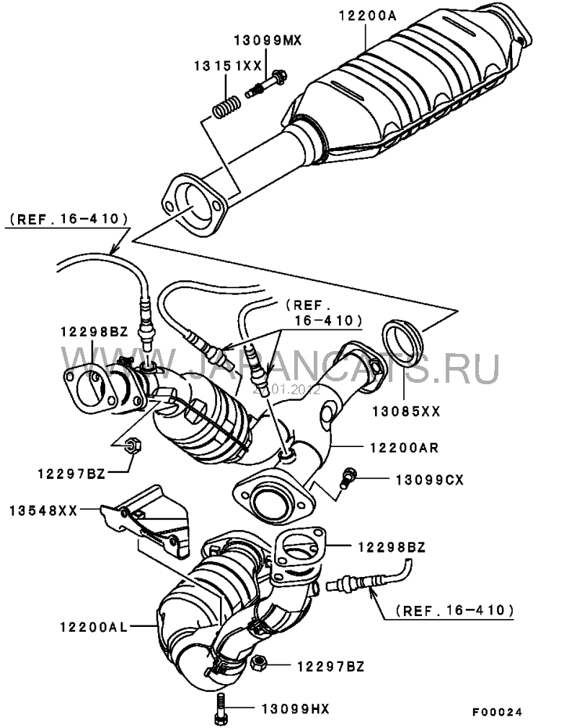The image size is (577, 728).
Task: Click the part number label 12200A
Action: [368, 16]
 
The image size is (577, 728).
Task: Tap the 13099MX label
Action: [268, 41]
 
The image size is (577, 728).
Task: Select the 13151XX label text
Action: [228, 66]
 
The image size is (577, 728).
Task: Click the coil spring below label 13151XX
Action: [226, 107]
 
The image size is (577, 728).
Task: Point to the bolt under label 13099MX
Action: [265, 84]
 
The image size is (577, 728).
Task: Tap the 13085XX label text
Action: [406, 412]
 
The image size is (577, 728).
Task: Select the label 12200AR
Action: [404, 448]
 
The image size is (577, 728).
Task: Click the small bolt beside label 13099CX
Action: [348, 477]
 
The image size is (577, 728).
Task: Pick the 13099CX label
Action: [429, 480]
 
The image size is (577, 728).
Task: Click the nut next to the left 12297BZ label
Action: [133, 446]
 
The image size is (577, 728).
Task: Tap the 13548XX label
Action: [43, 511]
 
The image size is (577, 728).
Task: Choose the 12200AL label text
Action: [93, 627]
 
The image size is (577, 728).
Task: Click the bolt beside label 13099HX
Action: [221, 706]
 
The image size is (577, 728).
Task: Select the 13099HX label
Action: [296, 709]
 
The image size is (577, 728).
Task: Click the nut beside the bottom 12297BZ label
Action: [258, 662]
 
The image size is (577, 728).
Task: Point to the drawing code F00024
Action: [498, 712]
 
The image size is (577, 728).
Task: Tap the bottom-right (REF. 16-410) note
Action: [455, 610]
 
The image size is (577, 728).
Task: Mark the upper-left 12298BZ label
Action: [94, 332]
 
